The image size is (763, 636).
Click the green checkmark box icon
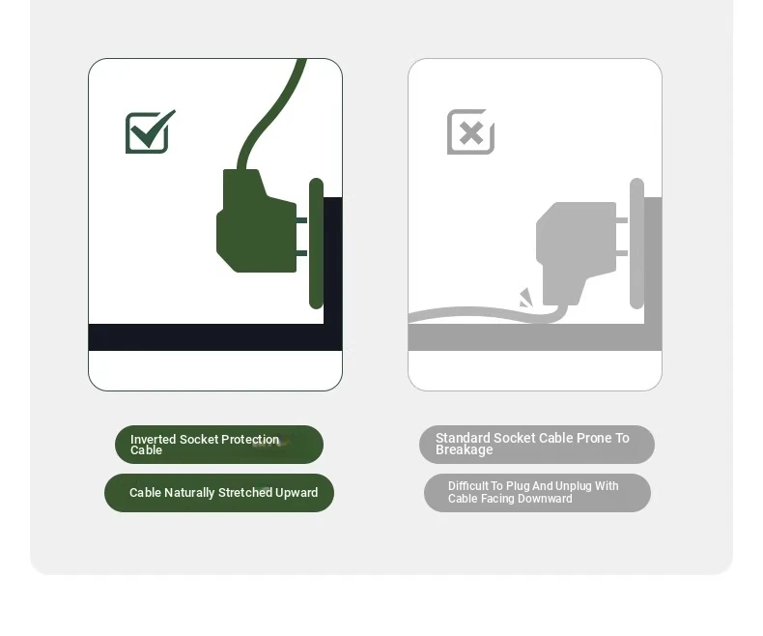151,132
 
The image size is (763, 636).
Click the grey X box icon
470,132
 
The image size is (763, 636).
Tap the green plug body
257,220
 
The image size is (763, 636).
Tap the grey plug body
577,253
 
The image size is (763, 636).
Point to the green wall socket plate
316,244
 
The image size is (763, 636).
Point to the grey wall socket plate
637,244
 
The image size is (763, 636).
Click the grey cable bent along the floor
488,314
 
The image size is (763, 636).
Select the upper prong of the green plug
301,220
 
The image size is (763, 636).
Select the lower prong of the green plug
301,253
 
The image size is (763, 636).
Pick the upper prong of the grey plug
622,220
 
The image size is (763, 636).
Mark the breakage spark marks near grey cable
526,298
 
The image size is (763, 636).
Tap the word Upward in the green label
297,493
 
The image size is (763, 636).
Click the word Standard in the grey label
463,438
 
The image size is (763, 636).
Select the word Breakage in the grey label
465,450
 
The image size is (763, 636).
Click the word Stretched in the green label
245,493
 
